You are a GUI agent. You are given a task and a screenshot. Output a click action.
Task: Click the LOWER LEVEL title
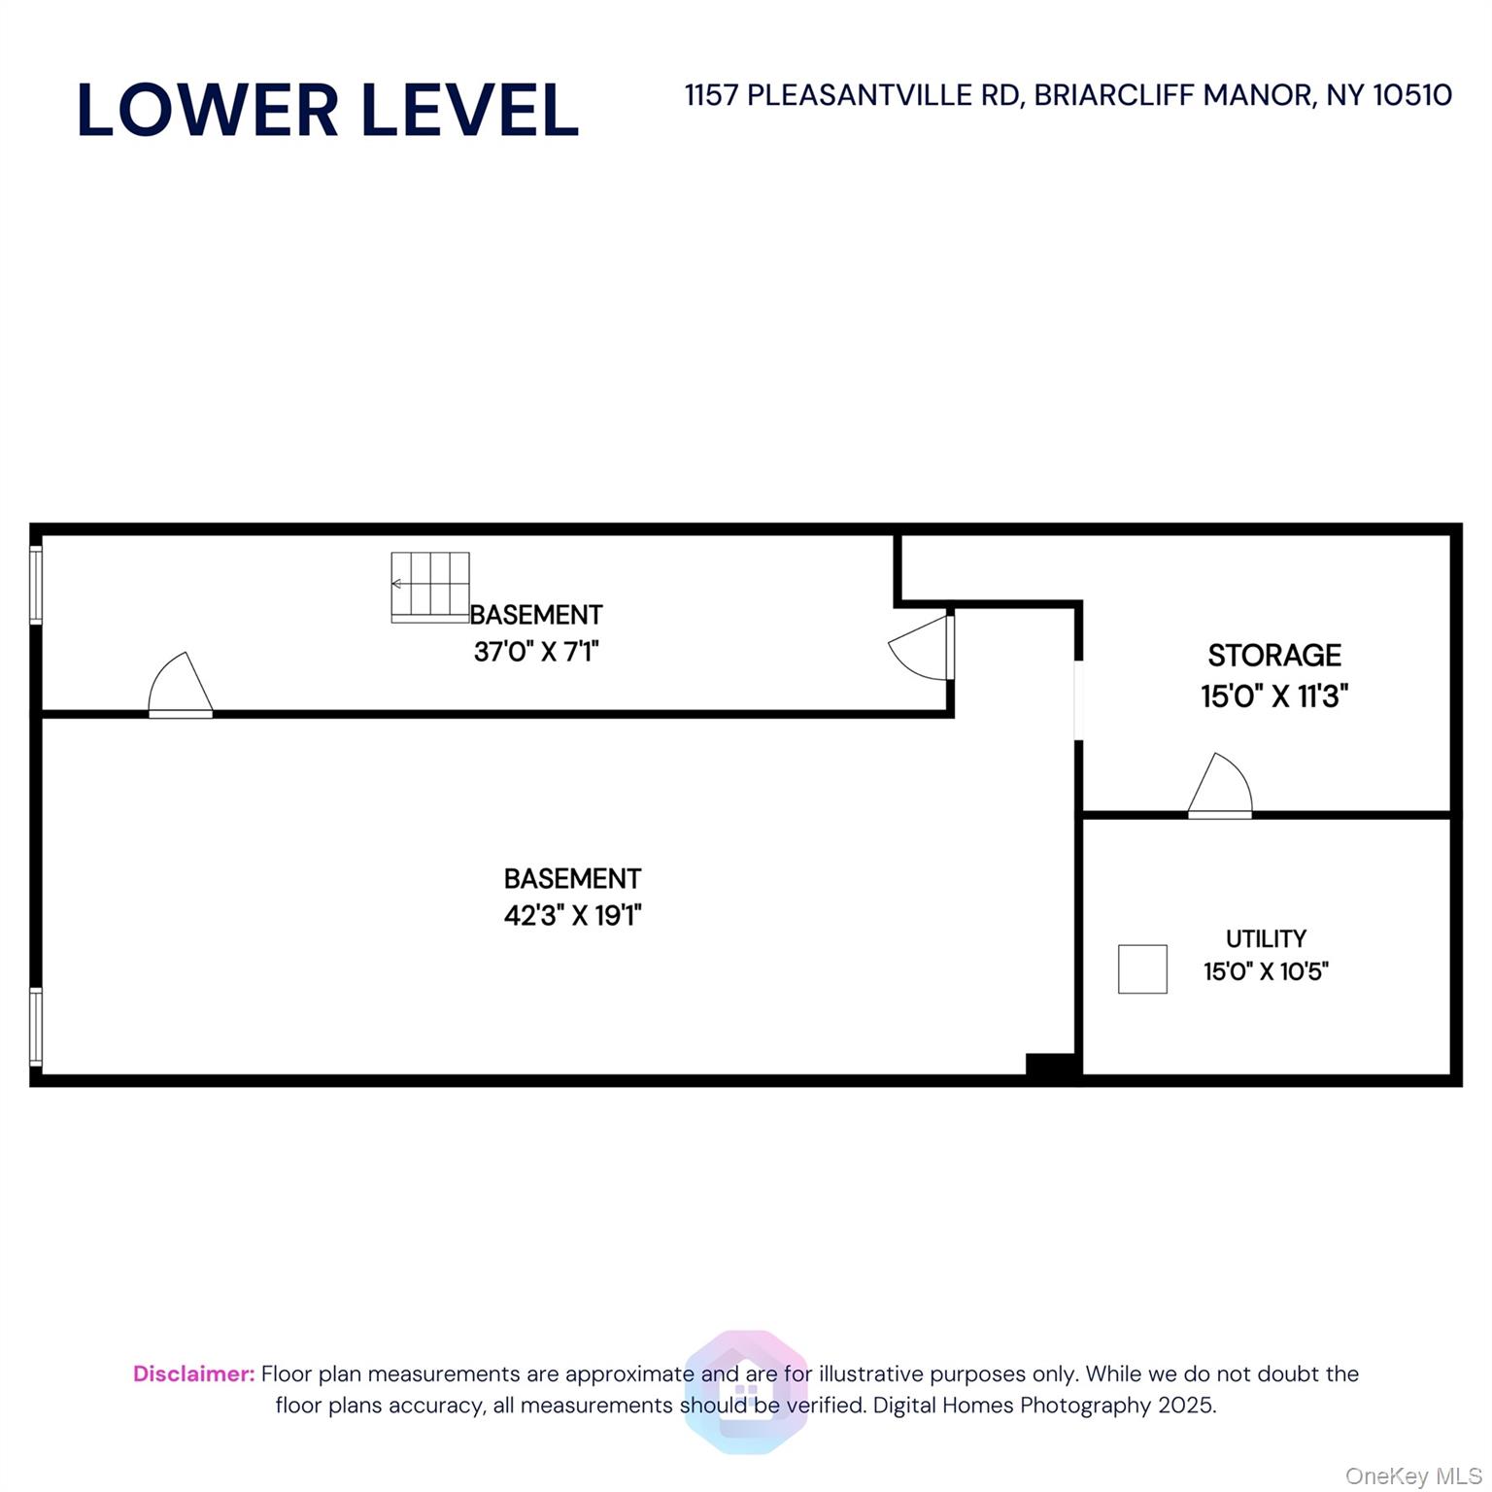[x=327, y=110]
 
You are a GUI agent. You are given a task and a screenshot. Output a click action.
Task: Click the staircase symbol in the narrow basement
[x=430, y=587]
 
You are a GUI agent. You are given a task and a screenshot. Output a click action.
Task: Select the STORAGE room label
[x=1273, y=656]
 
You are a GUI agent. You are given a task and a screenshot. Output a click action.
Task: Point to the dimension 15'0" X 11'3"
[x=1273, y=696]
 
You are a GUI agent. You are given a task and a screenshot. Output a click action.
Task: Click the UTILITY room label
[x=1265, y=938]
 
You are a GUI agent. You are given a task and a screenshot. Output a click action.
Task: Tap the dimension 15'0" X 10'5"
[x=1265, y=971]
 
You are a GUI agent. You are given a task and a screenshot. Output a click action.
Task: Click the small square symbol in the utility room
[x=1141, y=968]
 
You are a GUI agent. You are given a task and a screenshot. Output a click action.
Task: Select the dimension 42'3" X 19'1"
[x=572, y=915]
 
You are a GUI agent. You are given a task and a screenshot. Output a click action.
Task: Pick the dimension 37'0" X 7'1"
[x=535, y=651]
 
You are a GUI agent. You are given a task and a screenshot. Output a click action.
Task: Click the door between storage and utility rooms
[x=1220, y=788]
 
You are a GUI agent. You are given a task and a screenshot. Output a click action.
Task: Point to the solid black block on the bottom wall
[x=1050, y=1065]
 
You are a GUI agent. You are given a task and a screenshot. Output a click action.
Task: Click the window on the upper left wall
[x=36, y=584]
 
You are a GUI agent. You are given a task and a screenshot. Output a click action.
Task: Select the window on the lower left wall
[x=36, y=1027]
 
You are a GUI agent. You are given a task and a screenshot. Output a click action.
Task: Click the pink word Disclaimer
[x=193, y=1373]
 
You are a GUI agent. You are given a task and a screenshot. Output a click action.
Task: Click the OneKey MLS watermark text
[x=1412, y=1476]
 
